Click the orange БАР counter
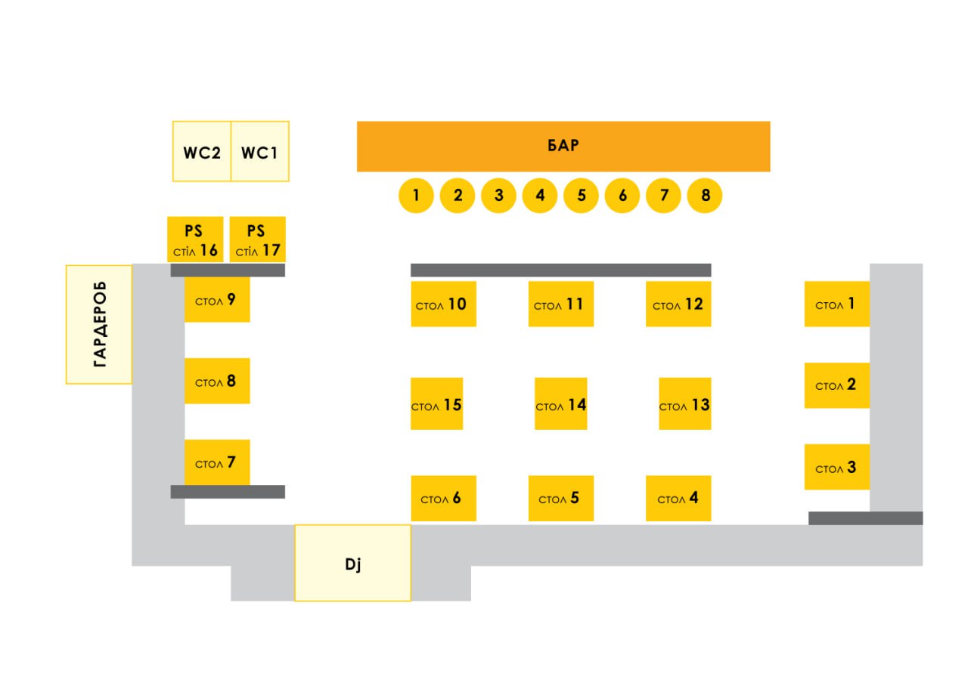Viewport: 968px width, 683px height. pyautogui.click(x=563, y=146)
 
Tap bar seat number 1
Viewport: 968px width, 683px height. pyautogui.click(x=416, y=196)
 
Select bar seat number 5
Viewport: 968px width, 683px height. pyautogui.click(x=581, y=196)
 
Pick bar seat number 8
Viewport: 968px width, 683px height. pyautogui.click(x=705, y=196)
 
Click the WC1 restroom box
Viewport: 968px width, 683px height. pyautogui.click(x=259, y=151)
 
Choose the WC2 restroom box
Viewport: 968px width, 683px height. pyautogui.click(x=202, y=151)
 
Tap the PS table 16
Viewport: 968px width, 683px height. pyautogui.click(x=195, y=240)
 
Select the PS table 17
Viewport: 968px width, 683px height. pyautogui.click(x=257, y=240)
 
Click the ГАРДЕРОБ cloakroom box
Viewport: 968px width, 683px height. pyautogui.click(x=99, y=324)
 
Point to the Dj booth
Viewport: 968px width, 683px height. pyautogui.click(x=352, y=563)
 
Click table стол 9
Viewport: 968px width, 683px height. pyautogui.click(x=217, y=300)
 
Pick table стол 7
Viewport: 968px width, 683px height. pyautogui.click(x=217, y=462)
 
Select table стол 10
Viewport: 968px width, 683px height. pyautogui.click(x=443, y=304)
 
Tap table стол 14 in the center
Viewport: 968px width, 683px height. pyautogui.click(x=560, y=403)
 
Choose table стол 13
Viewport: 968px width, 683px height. pyautogui.click(x=684, y=403)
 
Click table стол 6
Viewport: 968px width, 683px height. pyautogui.click(x=443, y=498)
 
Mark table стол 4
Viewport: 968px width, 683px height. pyautogui.click(x=678, y=498)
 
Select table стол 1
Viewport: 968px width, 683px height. pyautogui.click(x=836, y=304)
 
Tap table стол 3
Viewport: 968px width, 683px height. pyautogui.click(x=836, y=467)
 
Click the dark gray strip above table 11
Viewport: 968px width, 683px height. pyautogui.click(x=560, y=270)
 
